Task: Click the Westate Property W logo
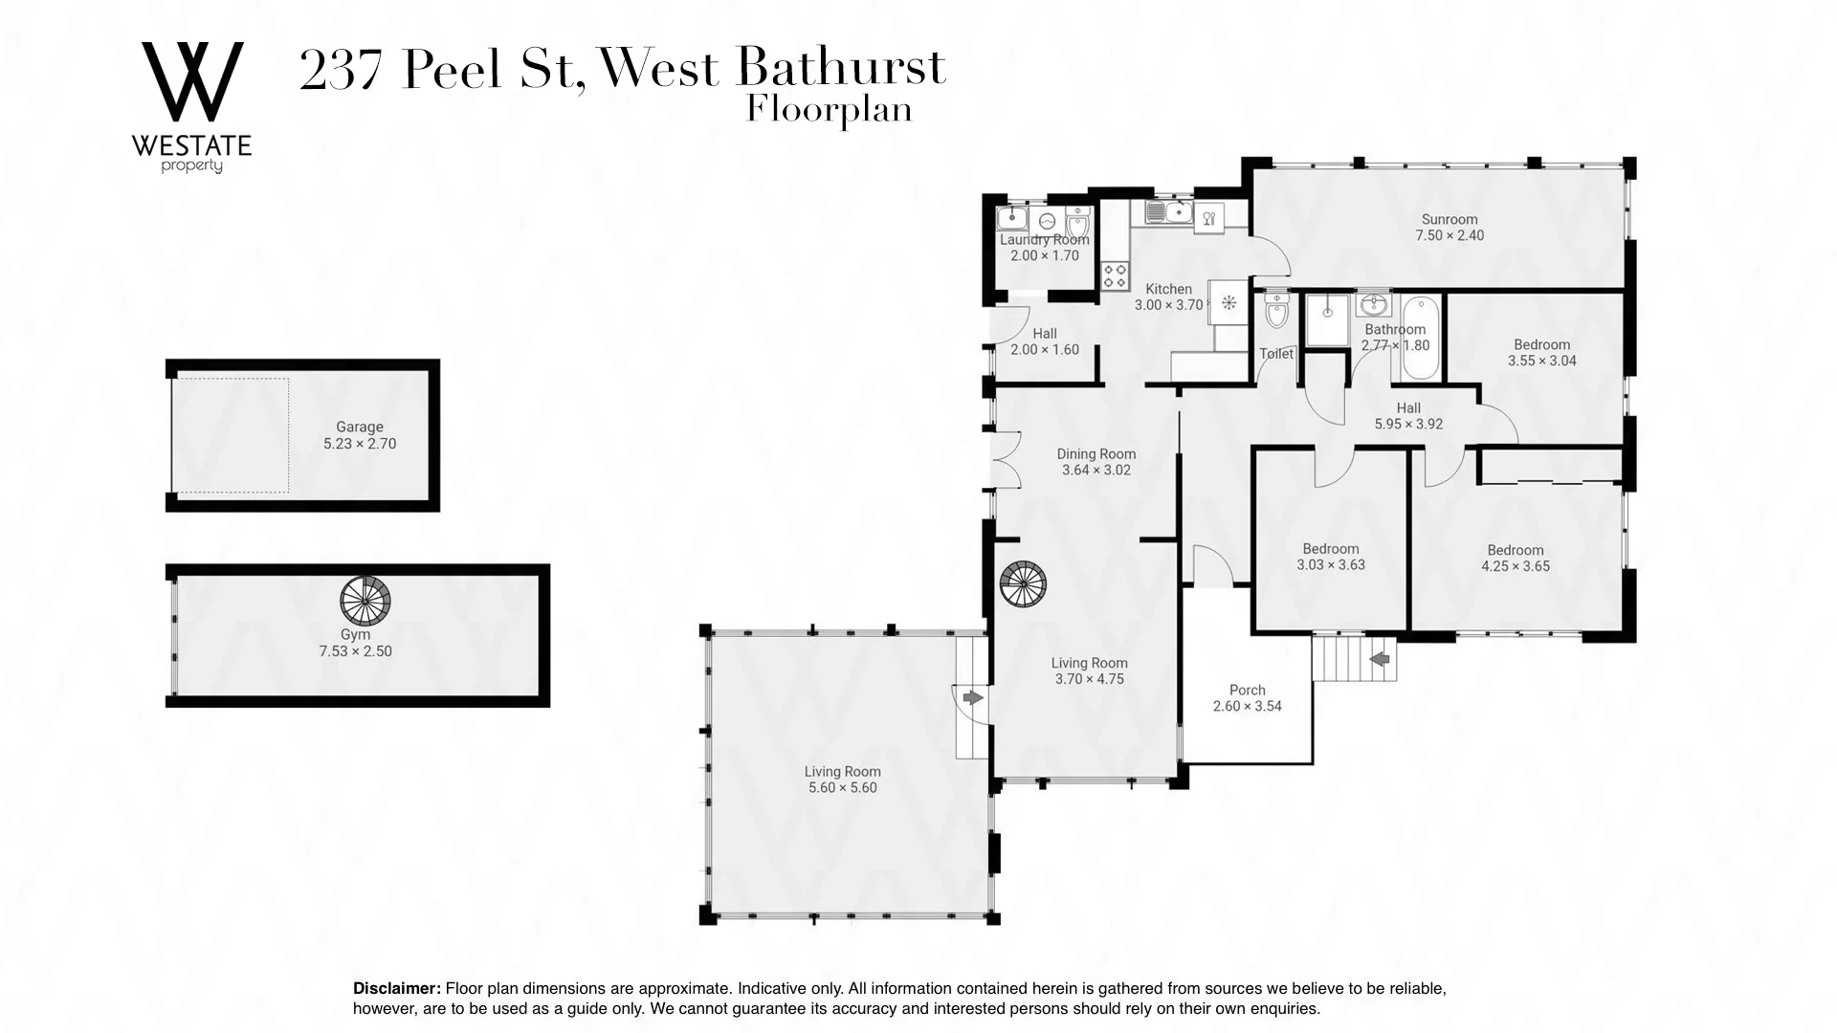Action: click(191, 84)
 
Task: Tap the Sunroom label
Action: click(1450, 219)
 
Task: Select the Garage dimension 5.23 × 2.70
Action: click(360, 444)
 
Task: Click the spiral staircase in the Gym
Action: click(365, 599)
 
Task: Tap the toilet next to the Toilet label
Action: click(1276, 311)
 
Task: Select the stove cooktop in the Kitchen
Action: click(1115, 275)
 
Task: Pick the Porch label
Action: click(1247, 690)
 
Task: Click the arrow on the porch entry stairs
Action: click(1380, 659)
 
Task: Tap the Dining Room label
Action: click(1096, 454)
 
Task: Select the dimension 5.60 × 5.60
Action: click(842, 788)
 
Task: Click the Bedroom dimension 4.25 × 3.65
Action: click(1516, 566)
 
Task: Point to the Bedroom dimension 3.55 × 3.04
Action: click(1541, 361)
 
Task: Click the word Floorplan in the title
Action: click(829, 110)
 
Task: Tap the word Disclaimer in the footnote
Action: click(397, 988)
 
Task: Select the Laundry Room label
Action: click(1044, 240)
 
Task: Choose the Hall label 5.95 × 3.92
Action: click(1407, 424)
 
